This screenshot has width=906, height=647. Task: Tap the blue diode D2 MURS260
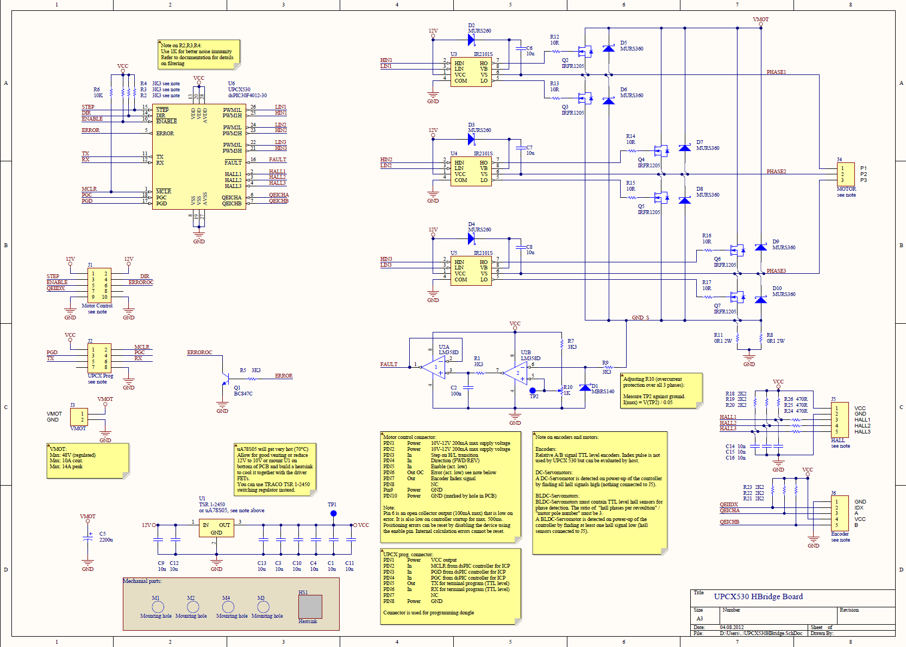pyautogui.click(x=471, y=39)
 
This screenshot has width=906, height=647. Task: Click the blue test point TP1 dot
pyautogui.click(x=333, y=513)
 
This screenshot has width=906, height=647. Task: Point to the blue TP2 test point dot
pyautogui.click(x=533, y=390)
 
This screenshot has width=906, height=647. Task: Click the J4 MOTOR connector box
pyautogui.click(x=845, y=174)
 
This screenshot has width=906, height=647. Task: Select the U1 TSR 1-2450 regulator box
pyautogui.click(x=216, y=528)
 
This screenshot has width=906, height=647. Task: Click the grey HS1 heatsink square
pyautogui.click(x=310, y=607)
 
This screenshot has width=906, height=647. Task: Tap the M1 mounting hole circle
pyautogui.click(x=158, y=606)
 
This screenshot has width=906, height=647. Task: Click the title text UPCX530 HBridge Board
pyautogui.click(x=758, y=596)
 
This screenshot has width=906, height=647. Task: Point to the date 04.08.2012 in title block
pyautogui.click(x=732, y=627)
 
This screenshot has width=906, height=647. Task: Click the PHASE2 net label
pyautogui.click(x=776, y=172)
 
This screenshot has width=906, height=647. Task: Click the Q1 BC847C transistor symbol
pyautogui.click(x=224, y=379)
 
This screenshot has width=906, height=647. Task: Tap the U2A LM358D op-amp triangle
pyautogui.click(x=435, y=368)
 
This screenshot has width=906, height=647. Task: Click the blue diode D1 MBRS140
pyautogui.click(x=585, y=387)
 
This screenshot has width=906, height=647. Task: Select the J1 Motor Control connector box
pyautogui.click(x=99, y=285)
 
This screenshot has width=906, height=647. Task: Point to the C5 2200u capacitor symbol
pyautogui.click(x=88, y=537)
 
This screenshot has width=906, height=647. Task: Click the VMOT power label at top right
pyautogui.click(x=760, y=20)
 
